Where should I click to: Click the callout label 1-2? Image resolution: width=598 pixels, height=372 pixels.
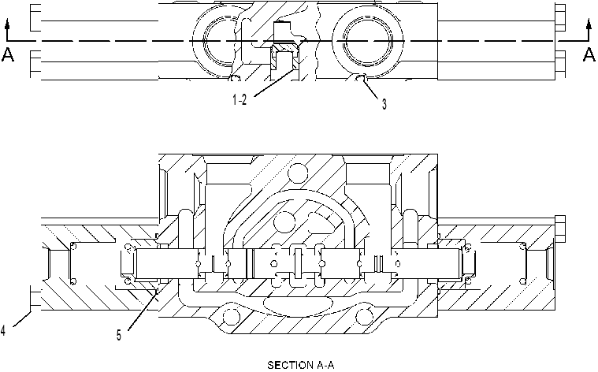click(240, 99)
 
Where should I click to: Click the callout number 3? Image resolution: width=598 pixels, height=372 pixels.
click(384, 104)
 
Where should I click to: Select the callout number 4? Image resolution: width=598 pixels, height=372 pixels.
click(2, 330)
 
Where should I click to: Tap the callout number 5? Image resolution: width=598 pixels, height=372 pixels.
click(119, 336)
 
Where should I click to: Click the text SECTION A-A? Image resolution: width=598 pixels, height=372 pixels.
click(300, 365)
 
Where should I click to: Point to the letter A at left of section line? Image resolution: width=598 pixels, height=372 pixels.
click(8, 54)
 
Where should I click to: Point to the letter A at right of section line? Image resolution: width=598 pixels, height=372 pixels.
click(589, 54)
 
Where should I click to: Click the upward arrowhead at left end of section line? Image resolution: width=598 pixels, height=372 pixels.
click(7, 25)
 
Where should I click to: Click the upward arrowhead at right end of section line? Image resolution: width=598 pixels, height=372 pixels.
click(589, 25)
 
